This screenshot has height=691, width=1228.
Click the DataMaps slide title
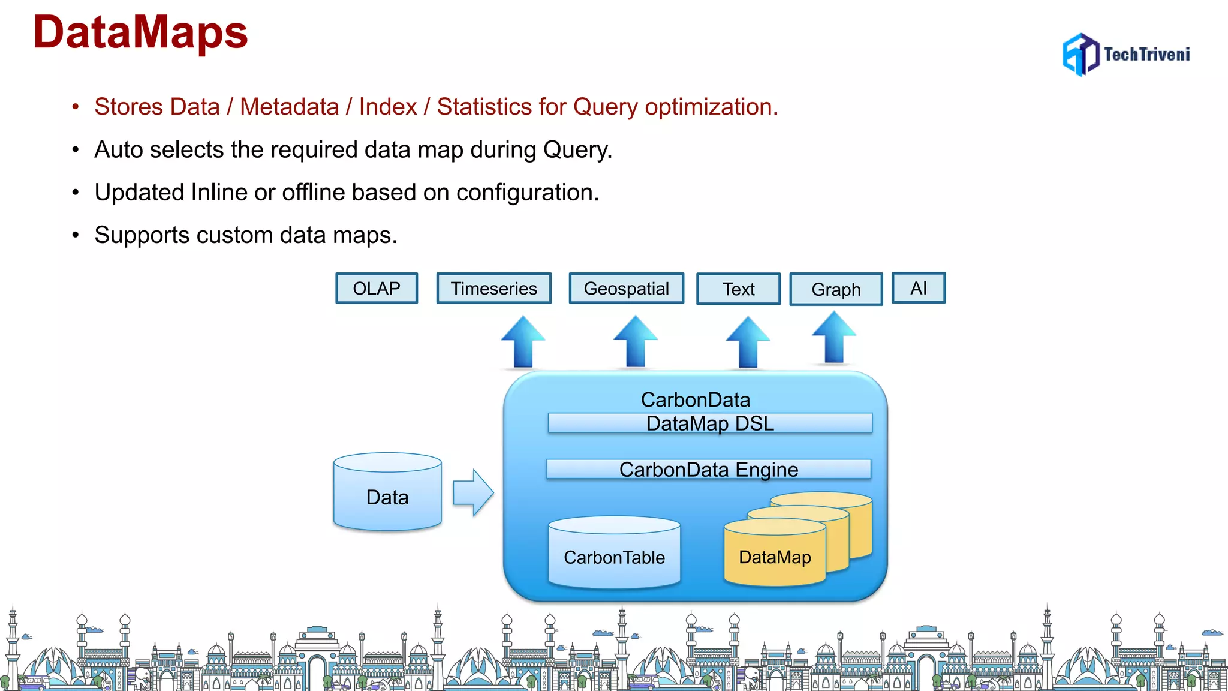pyautogui.click(x=140, y=32)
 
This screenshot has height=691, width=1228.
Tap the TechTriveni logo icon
pyautogui.click(x=1080, y=54)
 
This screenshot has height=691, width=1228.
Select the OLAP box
pyautogui.click(x=377, y=289)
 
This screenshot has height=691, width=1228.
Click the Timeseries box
pyautogui.click(x=493, y=289)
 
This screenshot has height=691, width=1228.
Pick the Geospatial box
pyautogui.click(x=626, y=289)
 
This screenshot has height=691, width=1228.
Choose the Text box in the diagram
pyautogui.click(x=738, y=289)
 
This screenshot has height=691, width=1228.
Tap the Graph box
pyautogui.click(x=836, y=289)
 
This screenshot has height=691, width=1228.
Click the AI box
pyautogui.click(x=919, y=288)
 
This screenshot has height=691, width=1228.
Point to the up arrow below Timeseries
pyautogui.click(x=523, y=342)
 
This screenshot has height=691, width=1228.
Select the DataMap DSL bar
pyautogui.click(x=710, y=423)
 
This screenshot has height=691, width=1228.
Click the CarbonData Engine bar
pyautogui.click(x=709, y=469)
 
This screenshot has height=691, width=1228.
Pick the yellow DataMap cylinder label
pyautogui.click(x=775, y=557)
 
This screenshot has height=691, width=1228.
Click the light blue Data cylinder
pyautogui.click(x=387, y=493)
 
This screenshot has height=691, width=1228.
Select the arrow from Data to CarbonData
pyautogui.click(x=473, y=493)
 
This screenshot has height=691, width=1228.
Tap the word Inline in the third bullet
pyautogui.click(x=219, y=193)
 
